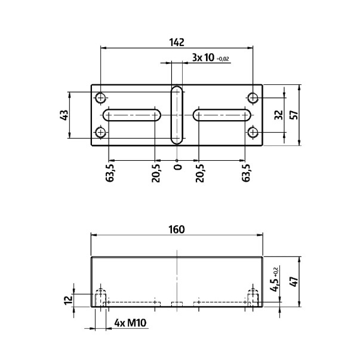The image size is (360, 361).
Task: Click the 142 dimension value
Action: tap(177, 42)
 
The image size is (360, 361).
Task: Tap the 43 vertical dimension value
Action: tap(64, 115)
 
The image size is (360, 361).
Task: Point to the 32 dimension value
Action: tap(277, 115)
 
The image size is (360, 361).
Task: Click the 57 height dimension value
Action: tap(293, 115)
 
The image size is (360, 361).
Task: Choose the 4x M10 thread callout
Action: tap(130, 323)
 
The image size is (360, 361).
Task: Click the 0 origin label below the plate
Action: tap(177, 166)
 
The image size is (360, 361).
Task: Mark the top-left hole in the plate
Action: tap(101, 97)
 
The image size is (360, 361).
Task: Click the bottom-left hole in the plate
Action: tap(101, 132)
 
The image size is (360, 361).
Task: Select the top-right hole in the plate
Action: tap(253, 97)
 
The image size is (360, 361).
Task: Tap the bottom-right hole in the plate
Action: tap(253, 132)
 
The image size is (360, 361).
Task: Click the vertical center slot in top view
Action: tap(177, 115)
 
